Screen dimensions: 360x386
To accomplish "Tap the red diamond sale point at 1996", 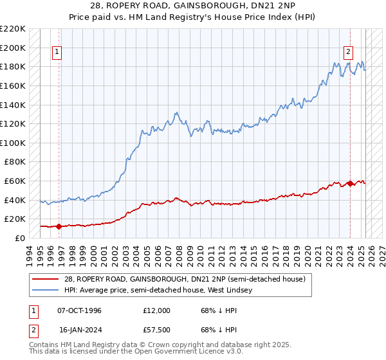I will pyautogui.click(x=59, y=226).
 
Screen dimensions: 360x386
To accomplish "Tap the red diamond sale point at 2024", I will pyautogui.click(x=350, y=183).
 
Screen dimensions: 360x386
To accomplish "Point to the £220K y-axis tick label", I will pyautogui.click(x=13, y=29).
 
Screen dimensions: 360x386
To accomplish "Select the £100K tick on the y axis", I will pyautogui.click(x=13, y=143).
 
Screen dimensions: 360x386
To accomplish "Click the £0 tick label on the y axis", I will pyautogui.click(x=21, y=238).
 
